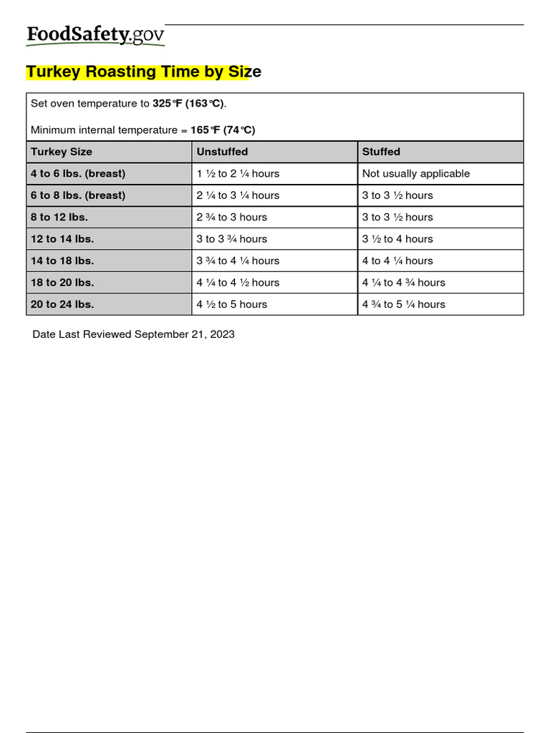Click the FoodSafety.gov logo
[95, 35]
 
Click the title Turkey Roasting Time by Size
[143, 72]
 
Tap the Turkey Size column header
[62, 152]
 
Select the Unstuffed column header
[222, 152]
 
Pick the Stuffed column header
[381, 152]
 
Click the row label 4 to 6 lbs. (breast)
[78, 173]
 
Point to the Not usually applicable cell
[416, 173]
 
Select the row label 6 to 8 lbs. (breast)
[78, 195]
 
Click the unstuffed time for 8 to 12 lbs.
[231, 217]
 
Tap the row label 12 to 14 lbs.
[62, 239]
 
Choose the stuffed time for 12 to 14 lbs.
[397, 239]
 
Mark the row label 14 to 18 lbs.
[62, 261]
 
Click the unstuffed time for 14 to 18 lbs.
[238, 261]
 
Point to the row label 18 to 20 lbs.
[62, 283]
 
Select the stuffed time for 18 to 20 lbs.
[403, 283]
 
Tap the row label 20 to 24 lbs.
[62, 304]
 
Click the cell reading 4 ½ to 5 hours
[231, 304]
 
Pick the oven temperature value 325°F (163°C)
[188, 104]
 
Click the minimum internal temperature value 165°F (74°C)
[223, 130]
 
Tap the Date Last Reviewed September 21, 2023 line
[133, 334]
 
